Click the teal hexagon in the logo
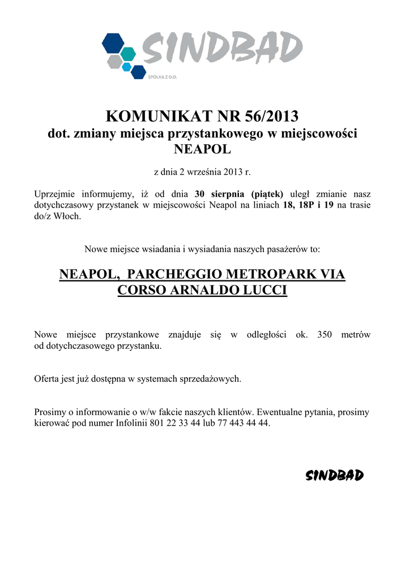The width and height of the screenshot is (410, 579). (x=129, y=54)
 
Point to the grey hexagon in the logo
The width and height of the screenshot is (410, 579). (x=114, y=61)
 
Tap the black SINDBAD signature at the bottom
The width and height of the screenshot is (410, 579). (x=334, y=476)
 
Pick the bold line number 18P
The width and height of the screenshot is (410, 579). (x=306, y=205)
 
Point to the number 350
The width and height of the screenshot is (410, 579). (x=324, y=335)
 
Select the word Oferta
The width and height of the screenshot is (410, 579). (x=47, y=379)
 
